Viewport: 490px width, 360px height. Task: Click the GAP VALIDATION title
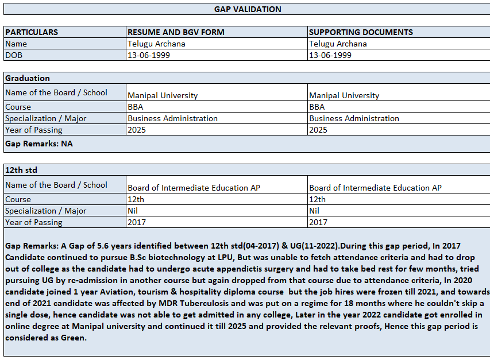[248, 9]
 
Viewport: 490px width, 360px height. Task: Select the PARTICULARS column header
[32, 32]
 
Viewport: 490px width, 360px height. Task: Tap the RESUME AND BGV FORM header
[176, 32]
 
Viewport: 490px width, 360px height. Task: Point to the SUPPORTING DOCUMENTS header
[361, 32]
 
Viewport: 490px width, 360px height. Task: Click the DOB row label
[14, 55]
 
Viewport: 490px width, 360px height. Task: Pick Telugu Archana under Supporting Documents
[338, 44]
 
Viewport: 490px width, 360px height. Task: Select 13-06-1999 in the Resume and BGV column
[149, 55]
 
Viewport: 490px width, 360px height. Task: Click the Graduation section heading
[28, 78]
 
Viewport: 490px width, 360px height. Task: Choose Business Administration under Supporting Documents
[354, 118]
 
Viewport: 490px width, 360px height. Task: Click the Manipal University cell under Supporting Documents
[344, 95]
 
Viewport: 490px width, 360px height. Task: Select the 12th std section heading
[21, 171]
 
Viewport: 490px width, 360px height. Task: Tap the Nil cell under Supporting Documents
[314, 211]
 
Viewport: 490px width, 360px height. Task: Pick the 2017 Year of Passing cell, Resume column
[137, 222]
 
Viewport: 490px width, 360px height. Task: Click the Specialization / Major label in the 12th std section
[46, 211]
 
